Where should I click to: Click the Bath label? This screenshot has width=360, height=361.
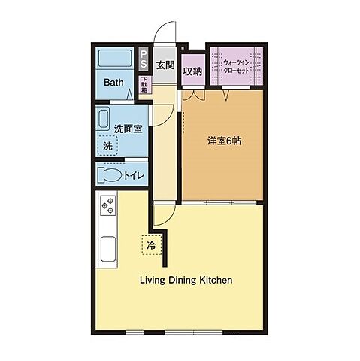point(114,83)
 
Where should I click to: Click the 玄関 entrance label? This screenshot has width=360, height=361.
point(165,65)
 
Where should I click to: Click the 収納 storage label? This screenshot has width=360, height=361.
point(193,71)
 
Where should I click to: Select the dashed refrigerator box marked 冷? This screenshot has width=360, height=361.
point(150,245)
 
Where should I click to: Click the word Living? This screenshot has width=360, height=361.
point(155,280)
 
